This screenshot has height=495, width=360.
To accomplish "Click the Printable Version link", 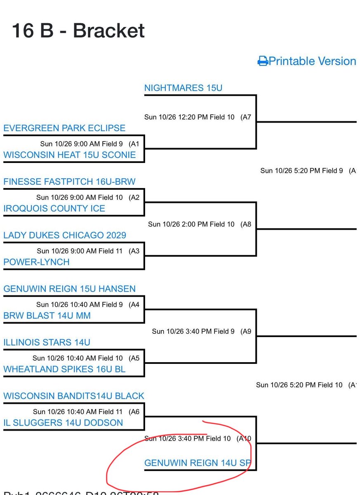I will click(x=312, y=61).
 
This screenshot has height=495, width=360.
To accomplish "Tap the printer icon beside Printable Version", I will click(x=263, y=61).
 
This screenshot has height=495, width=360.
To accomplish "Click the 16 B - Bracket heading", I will click(x=78, y=31).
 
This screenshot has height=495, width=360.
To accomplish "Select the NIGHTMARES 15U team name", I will click(x=184, y=88).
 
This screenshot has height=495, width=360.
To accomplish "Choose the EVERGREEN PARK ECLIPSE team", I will click(x=64, y=128).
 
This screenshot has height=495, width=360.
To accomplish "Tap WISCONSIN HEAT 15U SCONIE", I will click(x=69, y=155).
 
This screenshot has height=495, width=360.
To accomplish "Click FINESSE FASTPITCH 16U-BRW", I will click(x=69, y=181).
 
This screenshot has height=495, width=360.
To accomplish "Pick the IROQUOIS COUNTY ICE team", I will click(x=54, y=208).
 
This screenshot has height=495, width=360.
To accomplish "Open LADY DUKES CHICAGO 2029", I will click(x=65, y=235).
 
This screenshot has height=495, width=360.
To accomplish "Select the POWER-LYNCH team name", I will click(x=36, y=262).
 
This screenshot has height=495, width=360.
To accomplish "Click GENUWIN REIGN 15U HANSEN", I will click(x=69, y=289).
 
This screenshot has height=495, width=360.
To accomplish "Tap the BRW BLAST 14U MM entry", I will click(x=47, y=316).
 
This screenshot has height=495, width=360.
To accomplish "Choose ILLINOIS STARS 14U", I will click(x=47, y=342).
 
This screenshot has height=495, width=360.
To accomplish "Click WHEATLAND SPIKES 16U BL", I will click(x=64, y=369).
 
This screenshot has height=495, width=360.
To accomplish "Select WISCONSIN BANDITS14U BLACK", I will click(x=74, y=396).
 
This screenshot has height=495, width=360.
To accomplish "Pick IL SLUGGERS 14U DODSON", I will click(x=63, y=423).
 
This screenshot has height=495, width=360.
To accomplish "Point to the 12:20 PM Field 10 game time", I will click(x=189, y=117).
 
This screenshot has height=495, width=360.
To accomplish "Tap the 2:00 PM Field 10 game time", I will click(x=191, y=224).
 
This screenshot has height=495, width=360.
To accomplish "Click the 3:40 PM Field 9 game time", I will click(x=193, y=331).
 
